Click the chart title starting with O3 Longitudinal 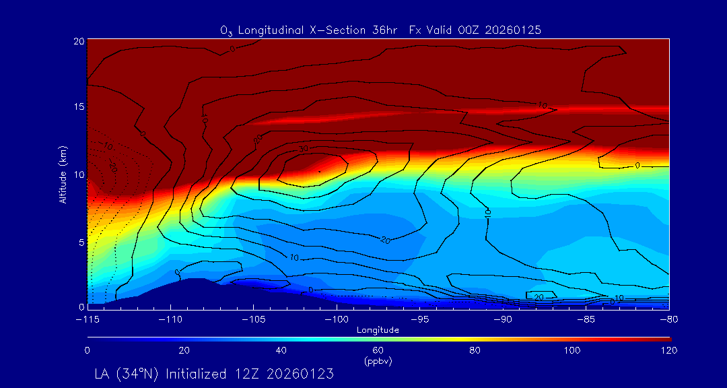point(380,30)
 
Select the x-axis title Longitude point(378,330)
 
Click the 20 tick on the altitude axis point(78,41)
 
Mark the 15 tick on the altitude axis point(78,107)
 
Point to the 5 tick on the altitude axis point(80,240)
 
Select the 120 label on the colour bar point(670,350)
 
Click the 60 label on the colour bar point(378,350)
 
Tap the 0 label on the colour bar point(88,350)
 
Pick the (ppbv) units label point(378,361)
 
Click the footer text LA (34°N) point(129,373)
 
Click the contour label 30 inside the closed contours point(303,149)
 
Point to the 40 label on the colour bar point(281,350)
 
